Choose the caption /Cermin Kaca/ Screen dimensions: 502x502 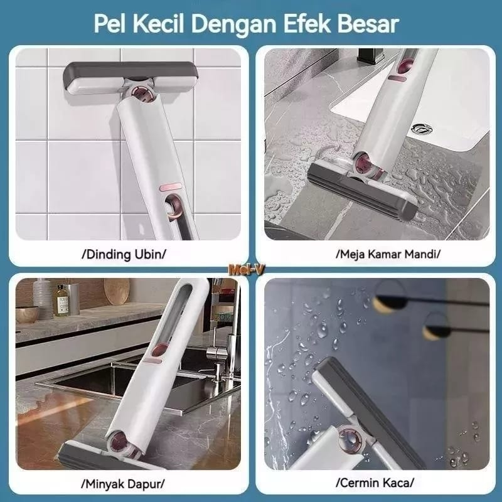click(375, 483)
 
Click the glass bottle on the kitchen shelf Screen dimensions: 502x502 click(61, 300)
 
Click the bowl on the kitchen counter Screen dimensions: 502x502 click(27, 314)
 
